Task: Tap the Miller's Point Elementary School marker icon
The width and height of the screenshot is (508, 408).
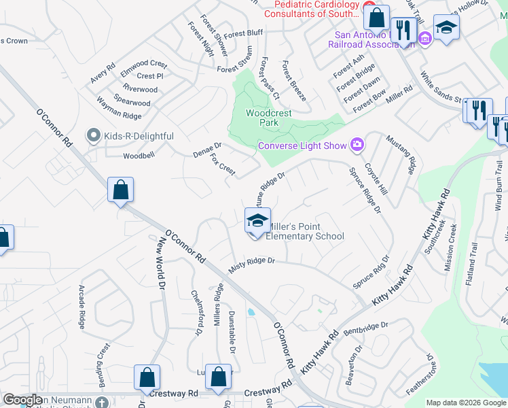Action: tap(257, 220)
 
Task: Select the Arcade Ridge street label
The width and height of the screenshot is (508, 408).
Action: tap(82, 307)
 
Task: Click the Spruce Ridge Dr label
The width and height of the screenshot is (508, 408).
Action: tap(365, 190)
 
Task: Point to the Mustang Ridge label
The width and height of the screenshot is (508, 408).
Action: tap(400, 154)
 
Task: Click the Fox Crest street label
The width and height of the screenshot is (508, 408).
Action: tap(222, 164)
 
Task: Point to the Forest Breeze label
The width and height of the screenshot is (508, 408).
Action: tap(295, 80)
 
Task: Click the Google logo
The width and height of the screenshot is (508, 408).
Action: tap(22, 400)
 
